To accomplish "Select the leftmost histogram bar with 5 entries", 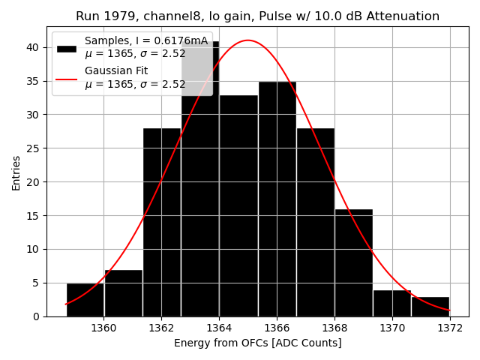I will (85, 300).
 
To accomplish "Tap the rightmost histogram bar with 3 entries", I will (430, 307).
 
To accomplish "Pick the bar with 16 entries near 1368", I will (353, 262).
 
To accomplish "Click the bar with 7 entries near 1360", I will (124, 293).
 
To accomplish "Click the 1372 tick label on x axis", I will (450, 328).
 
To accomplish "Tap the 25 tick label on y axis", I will (34, 148).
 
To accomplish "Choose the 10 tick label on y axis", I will (34, 249).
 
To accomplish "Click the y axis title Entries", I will (16, 173).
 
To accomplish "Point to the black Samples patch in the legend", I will (66, 49).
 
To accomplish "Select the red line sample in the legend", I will (66, 78).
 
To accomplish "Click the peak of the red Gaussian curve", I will (248, 40).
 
